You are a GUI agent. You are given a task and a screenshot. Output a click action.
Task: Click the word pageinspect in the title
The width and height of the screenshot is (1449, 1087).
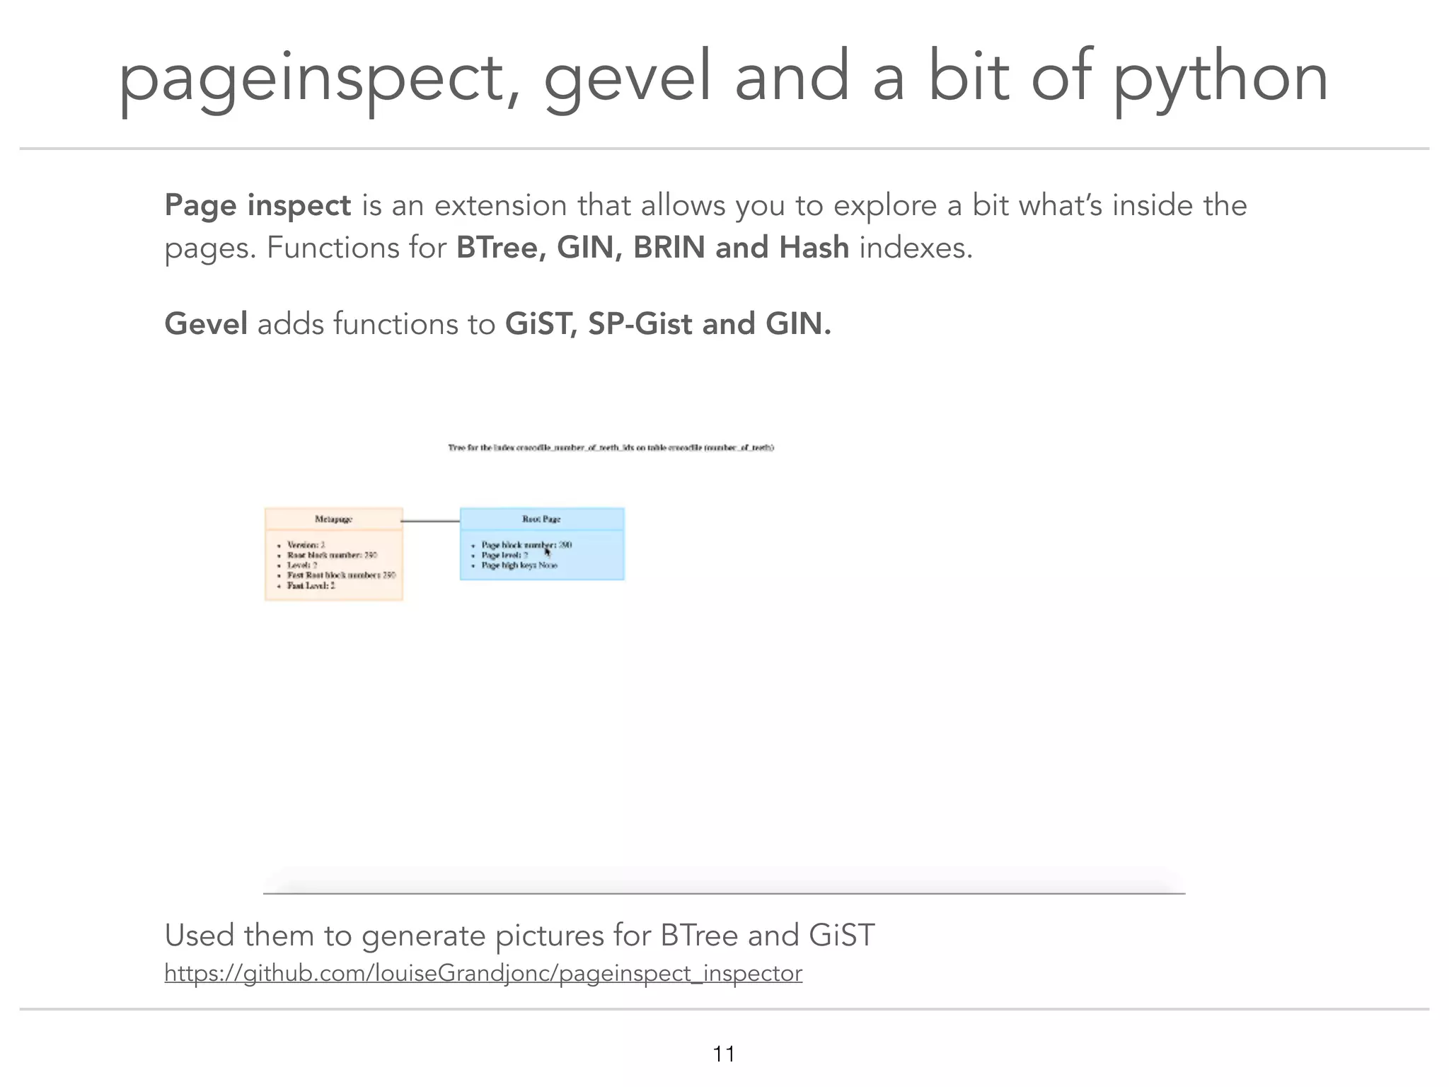pos(311,79)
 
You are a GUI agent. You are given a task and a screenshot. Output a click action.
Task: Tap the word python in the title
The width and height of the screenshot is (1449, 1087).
pos(1220,79)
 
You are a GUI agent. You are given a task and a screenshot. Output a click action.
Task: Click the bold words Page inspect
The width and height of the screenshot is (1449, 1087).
pos(258,205)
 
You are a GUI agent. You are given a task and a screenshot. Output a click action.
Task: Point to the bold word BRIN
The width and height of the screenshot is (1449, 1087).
pos(669,248)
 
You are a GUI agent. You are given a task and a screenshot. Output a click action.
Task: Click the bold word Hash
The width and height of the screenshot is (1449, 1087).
pos(814,248)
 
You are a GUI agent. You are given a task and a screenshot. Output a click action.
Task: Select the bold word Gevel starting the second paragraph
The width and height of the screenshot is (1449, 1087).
pos(206,323)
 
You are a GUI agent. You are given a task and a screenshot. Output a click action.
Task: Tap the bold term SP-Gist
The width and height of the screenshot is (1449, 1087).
pos(640,323)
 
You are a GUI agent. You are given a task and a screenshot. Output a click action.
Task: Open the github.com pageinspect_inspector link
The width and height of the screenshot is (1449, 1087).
pos(483,973)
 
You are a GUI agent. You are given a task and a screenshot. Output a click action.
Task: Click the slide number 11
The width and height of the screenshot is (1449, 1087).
pos(724,1054)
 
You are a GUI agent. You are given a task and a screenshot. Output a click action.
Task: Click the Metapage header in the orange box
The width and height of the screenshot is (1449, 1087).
pos(333,519)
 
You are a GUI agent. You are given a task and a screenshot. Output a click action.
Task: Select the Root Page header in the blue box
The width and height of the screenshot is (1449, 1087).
pos(541,519)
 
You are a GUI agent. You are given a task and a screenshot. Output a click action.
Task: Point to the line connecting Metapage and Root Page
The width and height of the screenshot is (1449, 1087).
pos(431,521)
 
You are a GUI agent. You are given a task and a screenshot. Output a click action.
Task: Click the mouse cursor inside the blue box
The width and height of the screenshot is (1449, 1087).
pos(547,551)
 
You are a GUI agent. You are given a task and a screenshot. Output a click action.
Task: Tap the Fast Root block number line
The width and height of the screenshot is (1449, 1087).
pos(341,575)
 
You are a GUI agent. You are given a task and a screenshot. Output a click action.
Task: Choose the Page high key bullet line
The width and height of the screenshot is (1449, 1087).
pos(519,565)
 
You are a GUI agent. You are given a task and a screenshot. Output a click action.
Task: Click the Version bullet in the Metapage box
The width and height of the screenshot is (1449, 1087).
pos(306,545)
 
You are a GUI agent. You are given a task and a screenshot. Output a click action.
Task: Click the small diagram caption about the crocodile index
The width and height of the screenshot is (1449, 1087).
pos(611,447)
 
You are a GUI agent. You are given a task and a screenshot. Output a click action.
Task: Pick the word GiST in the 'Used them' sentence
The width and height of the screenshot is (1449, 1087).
pos(841,935)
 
